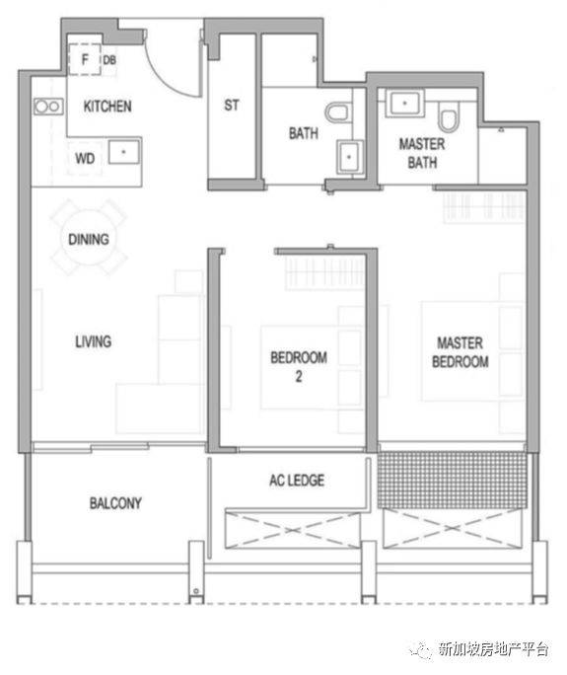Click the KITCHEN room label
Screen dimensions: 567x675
point(107,106)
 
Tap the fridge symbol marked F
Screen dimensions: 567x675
point(85,59)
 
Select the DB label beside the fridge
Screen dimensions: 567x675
point(109,60)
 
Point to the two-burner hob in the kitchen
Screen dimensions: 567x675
point(48,106)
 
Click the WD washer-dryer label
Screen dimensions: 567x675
point(85,158)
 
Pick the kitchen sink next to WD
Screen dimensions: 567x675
point(124,152)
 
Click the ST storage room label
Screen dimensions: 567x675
point(232,105)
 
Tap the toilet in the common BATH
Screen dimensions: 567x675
point(337,112)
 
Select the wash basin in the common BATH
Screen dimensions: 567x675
point(349,157)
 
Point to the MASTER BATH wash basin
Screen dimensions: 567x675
point(404,104)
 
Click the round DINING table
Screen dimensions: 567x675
point(89,238)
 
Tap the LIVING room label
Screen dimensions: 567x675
point(94,341)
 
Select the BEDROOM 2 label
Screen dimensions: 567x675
point(299,366)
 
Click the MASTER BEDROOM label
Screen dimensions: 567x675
point(461,352)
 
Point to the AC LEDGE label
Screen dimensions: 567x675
point(297,480)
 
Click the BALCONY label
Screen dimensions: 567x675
point(115,503)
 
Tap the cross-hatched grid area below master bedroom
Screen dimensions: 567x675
point(453,480)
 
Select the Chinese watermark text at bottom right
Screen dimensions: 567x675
point(493,648)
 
